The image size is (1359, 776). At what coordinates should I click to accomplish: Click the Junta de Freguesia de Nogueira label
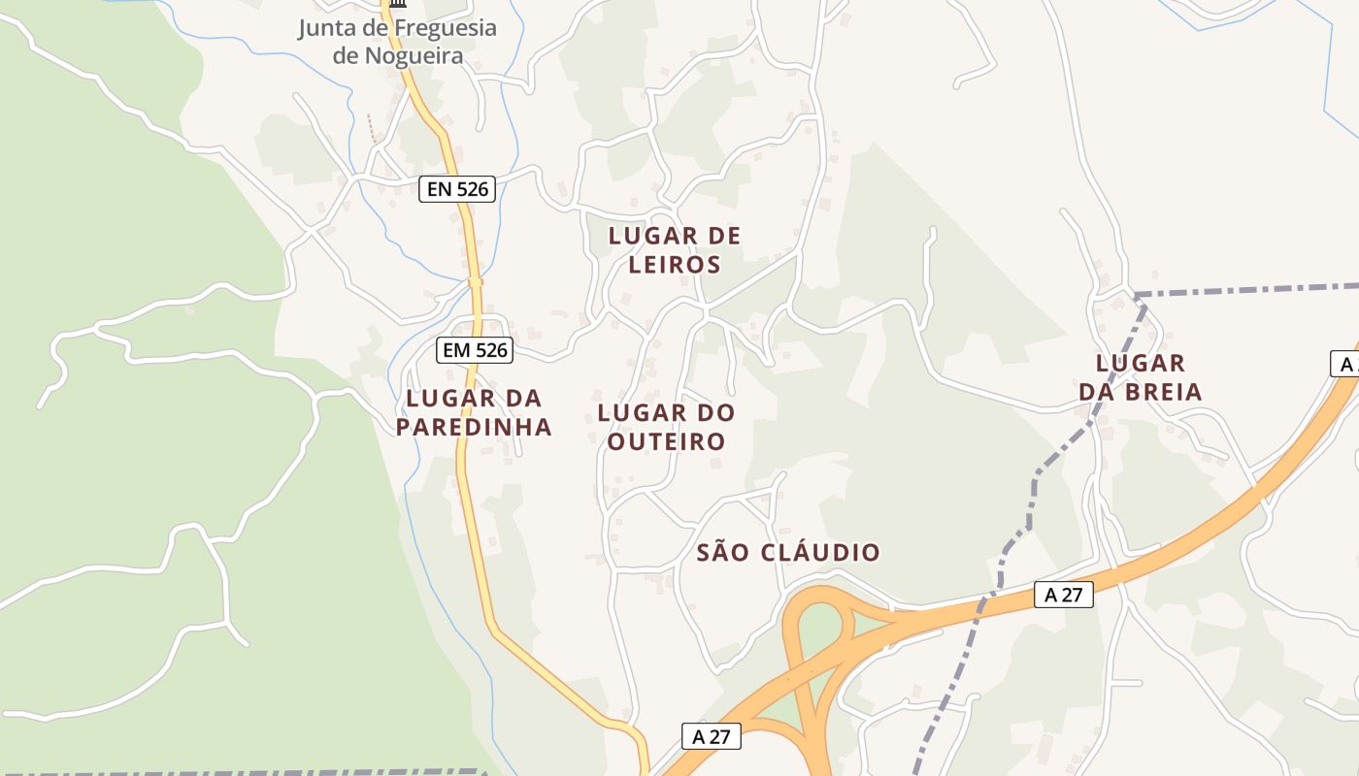[397, 42]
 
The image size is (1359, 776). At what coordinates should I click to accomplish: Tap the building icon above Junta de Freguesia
[397, 5]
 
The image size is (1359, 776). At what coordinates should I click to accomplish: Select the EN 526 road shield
[458, 189]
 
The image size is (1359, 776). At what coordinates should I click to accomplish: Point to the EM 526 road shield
[474, 350]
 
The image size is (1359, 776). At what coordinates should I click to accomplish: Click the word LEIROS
[675, 265]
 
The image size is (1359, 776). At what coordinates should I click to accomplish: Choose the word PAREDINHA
[474, 427]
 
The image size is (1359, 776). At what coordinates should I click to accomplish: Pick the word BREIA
[1164, 392]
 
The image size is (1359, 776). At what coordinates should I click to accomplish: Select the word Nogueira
[414, 56]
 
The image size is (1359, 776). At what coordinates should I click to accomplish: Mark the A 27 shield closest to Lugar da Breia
[1064, 595]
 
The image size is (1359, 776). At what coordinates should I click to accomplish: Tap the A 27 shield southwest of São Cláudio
[712, 736]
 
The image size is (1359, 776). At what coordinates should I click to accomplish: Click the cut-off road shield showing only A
[1345, 364]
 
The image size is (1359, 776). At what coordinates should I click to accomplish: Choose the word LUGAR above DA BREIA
[1141, 364]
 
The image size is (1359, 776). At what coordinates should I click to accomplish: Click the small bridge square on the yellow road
[475, 282]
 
